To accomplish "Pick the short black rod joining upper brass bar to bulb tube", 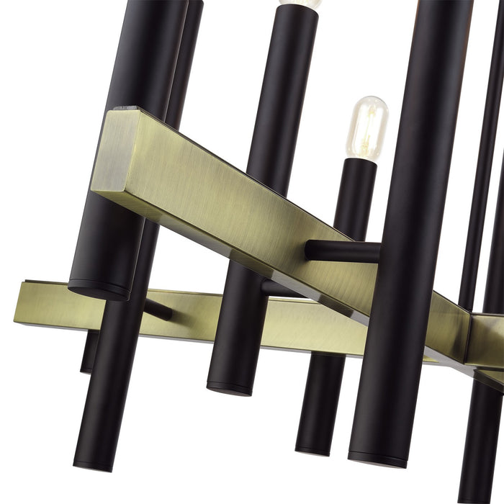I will point(343,251).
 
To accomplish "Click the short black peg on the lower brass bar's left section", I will point(158,310).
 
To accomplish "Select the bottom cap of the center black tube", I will point(230,389).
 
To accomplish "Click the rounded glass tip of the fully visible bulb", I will point(371,101).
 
